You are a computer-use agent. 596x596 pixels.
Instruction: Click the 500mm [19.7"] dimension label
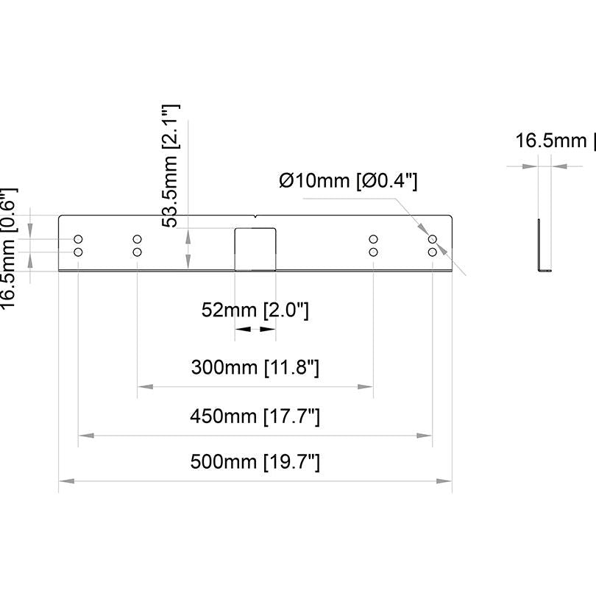tap(255, 462)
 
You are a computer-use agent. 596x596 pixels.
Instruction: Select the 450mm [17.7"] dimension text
tap(255, 416)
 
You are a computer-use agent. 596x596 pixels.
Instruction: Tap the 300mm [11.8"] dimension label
tap(255, 366)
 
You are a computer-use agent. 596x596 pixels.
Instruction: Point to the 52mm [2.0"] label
tap(255, 311)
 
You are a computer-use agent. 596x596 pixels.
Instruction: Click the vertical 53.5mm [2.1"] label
tap(171, 166)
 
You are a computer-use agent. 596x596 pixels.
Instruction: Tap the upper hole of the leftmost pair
tap(78, 240)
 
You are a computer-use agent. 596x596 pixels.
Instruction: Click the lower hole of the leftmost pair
tap(78, 252)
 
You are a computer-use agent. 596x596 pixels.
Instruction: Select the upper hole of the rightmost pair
tap(433, 240)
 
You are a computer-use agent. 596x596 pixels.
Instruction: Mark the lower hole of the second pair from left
tap(137, 252)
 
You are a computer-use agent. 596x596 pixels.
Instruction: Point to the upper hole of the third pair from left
tap(373, 240)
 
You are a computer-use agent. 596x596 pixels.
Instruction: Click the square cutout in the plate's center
tap(255, 249)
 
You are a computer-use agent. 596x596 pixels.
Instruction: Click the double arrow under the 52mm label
tap(255, 330)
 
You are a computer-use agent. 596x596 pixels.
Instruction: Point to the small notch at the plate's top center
tap(255, 216)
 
